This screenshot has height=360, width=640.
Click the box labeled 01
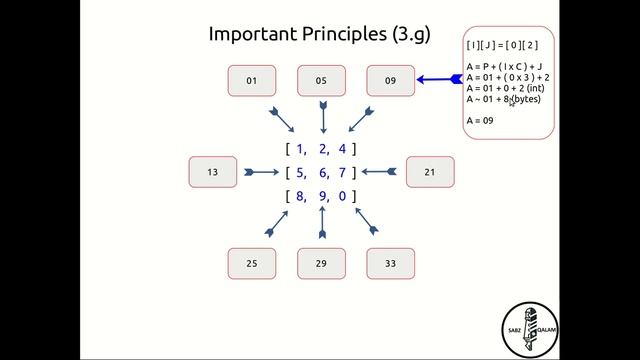[252, 81]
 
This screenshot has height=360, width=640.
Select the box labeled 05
[321, 81]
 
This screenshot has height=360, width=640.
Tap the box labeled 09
[390, 81]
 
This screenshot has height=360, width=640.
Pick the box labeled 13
[213, 172]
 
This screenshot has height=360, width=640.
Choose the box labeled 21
[429, 172]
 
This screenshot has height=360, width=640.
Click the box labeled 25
[252, 263]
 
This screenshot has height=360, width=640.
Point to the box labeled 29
[321, 263]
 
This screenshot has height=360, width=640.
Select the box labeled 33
[390, 263]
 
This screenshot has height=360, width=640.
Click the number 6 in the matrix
[322, 173]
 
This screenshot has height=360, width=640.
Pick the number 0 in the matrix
[342, 196]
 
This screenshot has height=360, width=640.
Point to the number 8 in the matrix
[300, 196]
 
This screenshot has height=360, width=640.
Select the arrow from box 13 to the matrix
[262, 172]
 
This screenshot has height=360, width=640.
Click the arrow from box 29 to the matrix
[322, 227]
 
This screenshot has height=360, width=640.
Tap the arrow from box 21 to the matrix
[380, 172]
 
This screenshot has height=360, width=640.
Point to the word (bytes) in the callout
[526, 99]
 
